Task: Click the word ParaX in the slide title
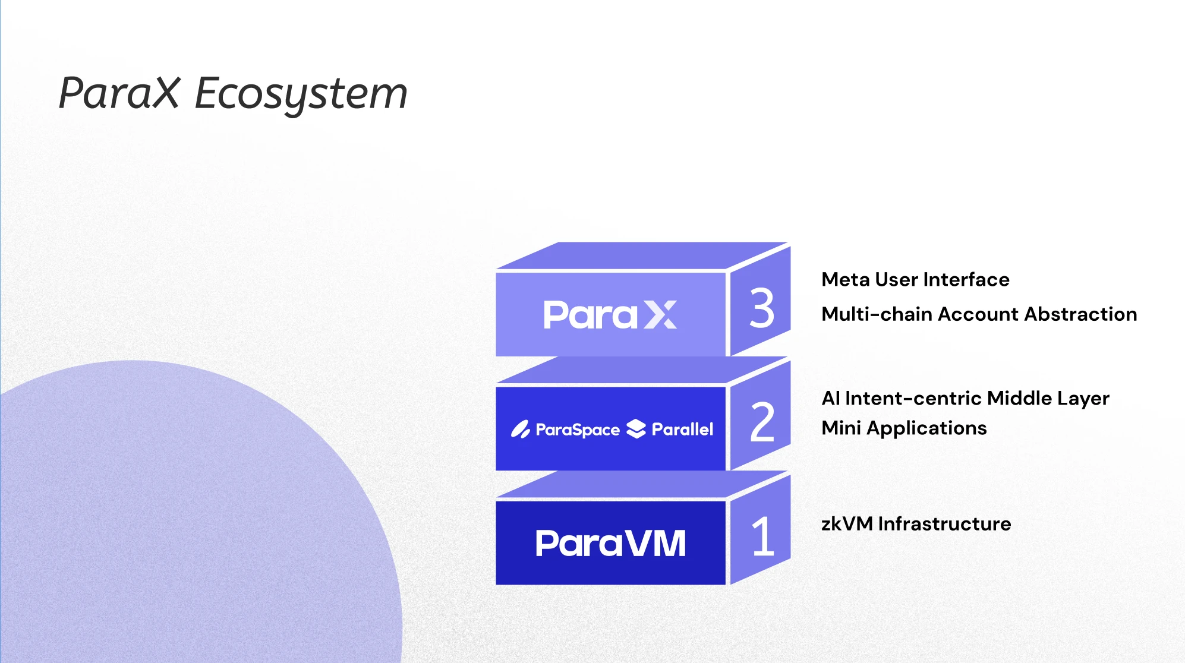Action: (x=119, y=93)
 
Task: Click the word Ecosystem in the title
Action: (x=301, y=95)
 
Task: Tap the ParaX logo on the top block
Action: (x=610, y=314)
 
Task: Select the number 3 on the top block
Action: (x=762, y=308)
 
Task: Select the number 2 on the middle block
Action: (x=762, y=422)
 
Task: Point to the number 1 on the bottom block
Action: (x=763, y=536)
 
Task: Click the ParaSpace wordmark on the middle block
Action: (x=578, y=430)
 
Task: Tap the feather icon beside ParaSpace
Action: (x=521, y=429)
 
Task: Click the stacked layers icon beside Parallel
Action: (x=636, y=428)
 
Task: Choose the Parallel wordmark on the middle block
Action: (x=682, y=429)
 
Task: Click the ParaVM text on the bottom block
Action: (x=610, y=543)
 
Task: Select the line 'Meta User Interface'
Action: (x=915, y=279)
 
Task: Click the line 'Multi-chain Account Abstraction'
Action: (x=979, y=314)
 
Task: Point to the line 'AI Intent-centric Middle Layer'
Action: (x=965, y=398)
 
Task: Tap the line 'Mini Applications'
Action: (x=904, y=428)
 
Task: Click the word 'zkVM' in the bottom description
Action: (x=847, y=523)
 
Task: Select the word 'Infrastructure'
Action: (x=944, y=523)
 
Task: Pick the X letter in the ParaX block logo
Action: (x=660, y=314)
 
